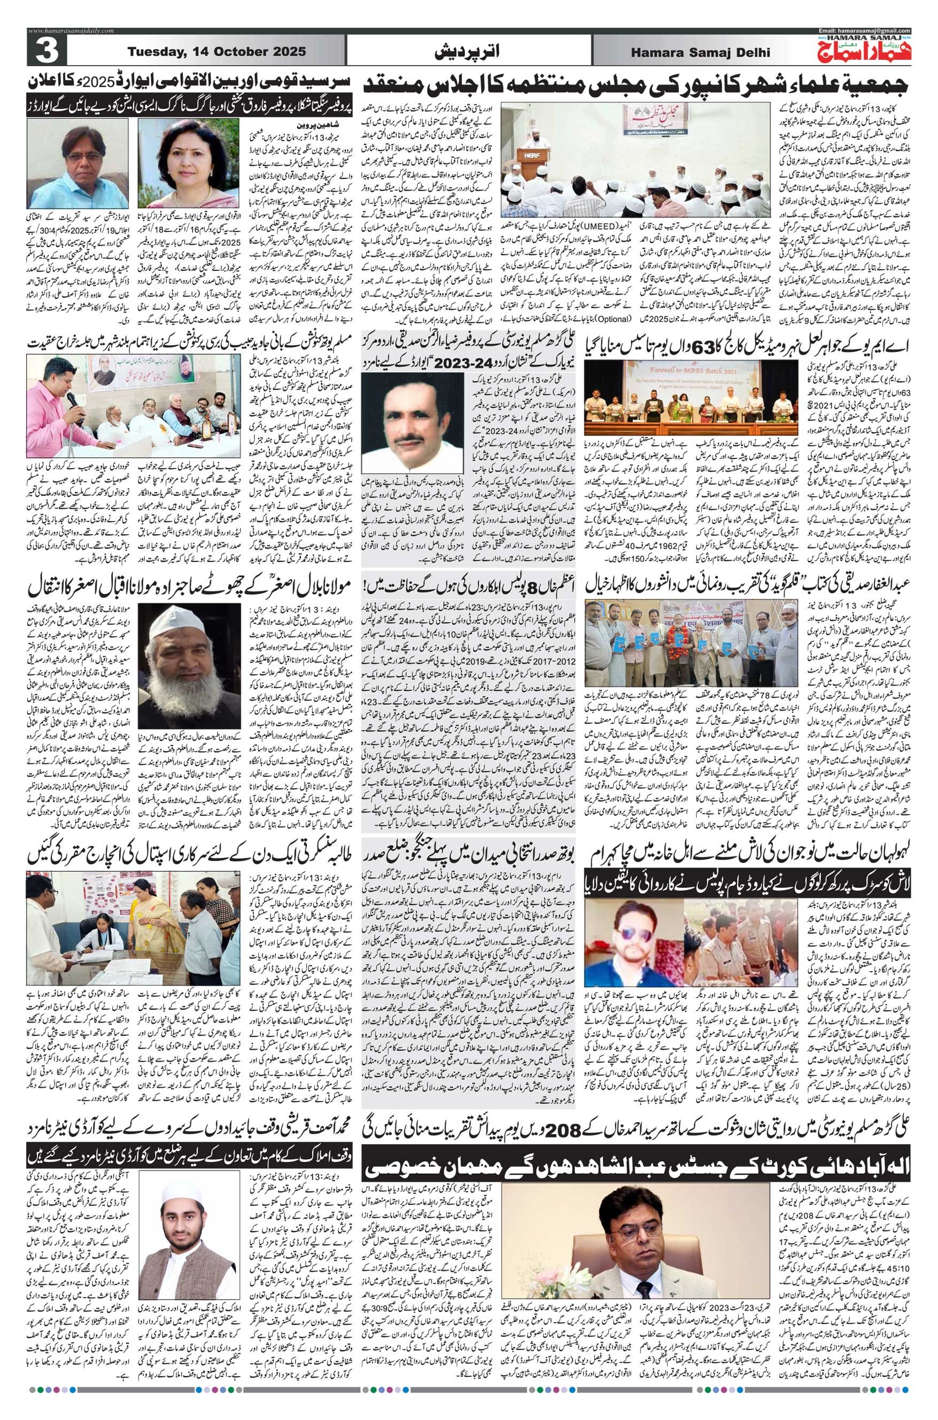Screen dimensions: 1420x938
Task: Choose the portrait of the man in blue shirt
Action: coord(75,157)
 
